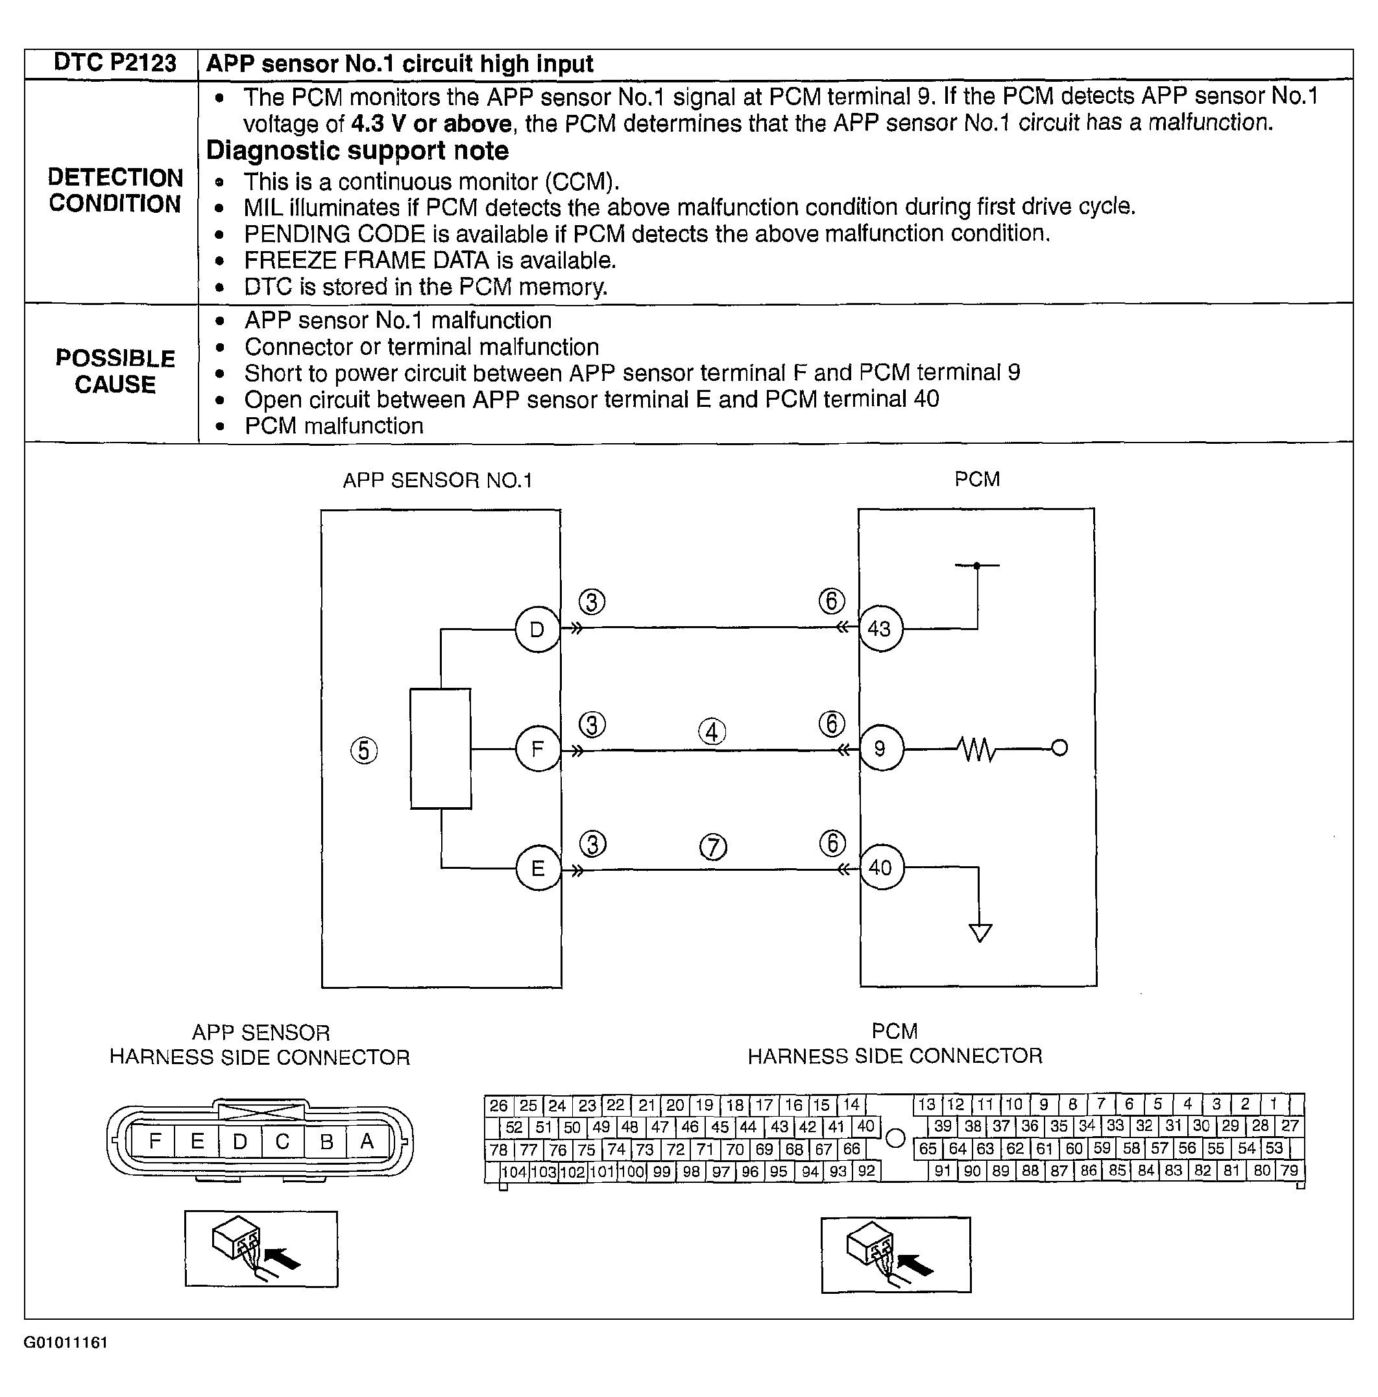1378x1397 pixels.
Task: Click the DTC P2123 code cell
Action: (114, 64)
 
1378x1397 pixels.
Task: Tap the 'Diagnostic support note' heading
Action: (357, 151)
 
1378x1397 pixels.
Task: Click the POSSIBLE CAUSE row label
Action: (115, 371)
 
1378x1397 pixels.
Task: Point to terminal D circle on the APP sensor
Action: (537, 629)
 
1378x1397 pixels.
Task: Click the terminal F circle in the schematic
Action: (537, 749)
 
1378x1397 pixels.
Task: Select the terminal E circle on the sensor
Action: (538, 868)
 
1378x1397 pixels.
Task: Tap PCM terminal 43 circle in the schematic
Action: (879, 628)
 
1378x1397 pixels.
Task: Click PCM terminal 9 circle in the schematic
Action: (880, 748)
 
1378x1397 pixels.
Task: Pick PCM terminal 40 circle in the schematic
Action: (880, 868)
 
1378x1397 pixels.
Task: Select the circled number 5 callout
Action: (364, 751)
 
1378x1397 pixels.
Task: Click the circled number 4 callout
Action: (712, 732)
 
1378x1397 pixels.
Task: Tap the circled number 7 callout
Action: (713, 847)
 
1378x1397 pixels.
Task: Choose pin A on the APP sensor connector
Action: (367, 1141)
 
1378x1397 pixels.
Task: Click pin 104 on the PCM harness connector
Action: (514, 1171)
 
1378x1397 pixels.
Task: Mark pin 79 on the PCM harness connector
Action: (1289, 1170)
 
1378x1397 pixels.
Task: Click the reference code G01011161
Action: (66, 1342)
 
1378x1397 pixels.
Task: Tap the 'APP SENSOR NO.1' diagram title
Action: (437, 480)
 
